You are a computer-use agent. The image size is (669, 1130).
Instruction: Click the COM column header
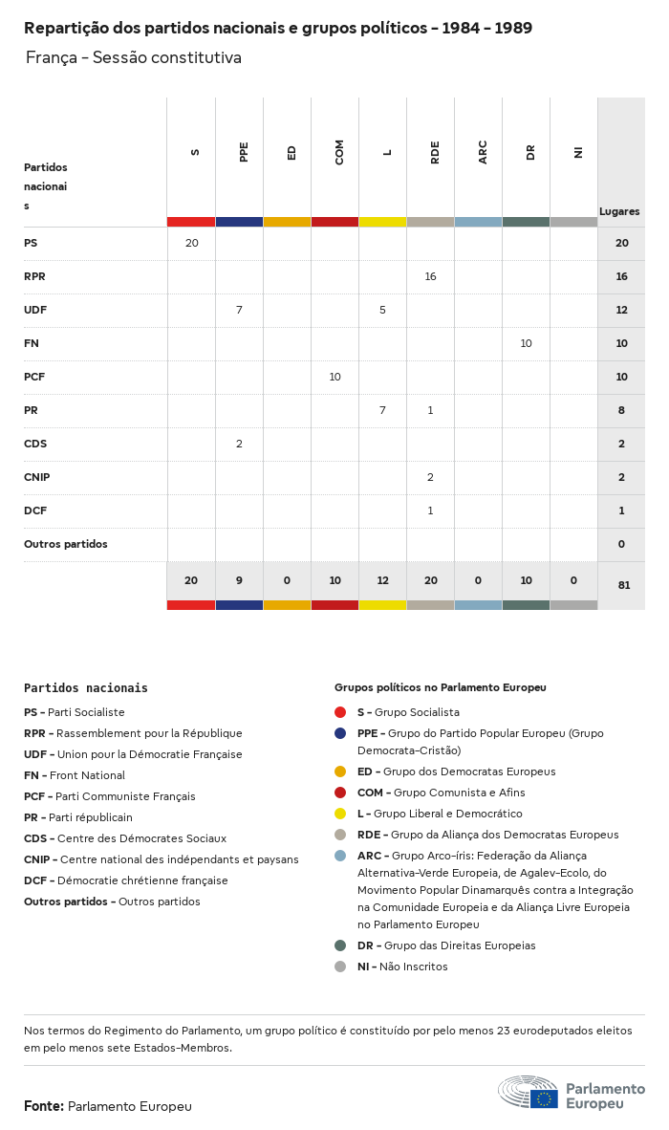point(339,152)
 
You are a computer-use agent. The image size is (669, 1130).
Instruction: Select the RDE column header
point(435,152)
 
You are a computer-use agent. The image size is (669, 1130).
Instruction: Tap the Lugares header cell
point(619,211)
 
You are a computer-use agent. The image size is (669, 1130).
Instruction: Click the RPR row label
point(34,276)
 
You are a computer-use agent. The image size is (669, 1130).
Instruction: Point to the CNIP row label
point(37,477)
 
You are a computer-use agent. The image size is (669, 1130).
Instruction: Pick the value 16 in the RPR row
point(430,276)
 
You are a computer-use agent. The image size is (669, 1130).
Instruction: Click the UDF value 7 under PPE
point(239,310)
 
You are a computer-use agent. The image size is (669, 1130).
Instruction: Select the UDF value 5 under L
point(382,310)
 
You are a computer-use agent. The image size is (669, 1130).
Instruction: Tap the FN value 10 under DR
point(526,343)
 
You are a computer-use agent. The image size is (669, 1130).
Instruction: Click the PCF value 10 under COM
point(334,377)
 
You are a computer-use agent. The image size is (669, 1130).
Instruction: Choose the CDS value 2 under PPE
point(239,444)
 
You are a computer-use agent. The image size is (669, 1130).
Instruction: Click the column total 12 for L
point(382,580)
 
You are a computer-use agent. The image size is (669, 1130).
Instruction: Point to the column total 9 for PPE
point(239,580)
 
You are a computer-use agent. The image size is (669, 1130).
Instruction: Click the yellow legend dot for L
point(340,814)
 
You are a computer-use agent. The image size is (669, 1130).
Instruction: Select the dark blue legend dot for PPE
point(340,733)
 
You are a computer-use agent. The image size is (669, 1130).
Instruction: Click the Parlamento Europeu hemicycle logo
point(529,1092)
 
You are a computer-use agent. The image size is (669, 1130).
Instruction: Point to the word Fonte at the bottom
point(43,1106)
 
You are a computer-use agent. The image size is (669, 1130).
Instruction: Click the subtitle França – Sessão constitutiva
point(134,57)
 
